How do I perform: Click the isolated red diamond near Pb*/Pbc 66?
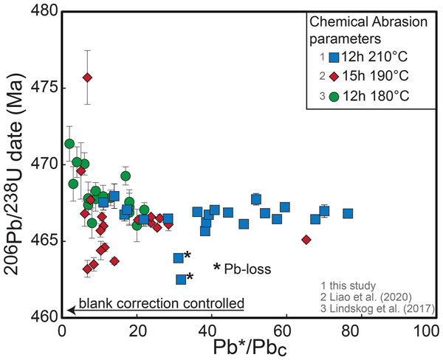306,239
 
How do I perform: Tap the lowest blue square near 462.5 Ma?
181,279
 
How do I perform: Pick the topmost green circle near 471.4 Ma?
69,144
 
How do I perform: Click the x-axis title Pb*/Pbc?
243,347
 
